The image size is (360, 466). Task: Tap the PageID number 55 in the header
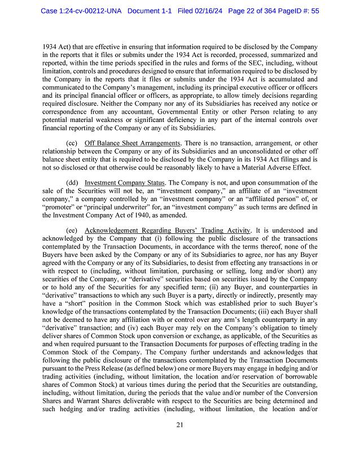pos(314,10)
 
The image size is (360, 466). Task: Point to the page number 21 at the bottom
pos(179,441)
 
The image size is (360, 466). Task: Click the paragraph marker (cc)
pos(72,143)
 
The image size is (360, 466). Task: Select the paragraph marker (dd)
pos(72,183)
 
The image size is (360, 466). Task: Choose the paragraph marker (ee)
pos(72,230)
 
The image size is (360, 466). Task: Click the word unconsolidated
pos(254,151)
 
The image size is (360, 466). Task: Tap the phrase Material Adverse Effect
pos(273,167)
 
